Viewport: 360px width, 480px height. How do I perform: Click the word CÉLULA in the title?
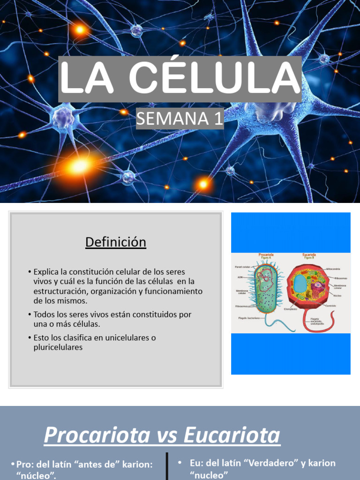click(214, 79)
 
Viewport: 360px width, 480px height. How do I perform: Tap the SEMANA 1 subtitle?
click(180, 119)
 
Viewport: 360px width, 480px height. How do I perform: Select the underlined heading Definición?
click(115, 242)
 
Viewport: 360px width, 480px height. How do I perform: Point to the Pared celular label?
click(242, 267)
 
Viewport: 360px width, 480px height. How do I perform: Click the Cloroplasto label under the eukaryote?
click(291, 309)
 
